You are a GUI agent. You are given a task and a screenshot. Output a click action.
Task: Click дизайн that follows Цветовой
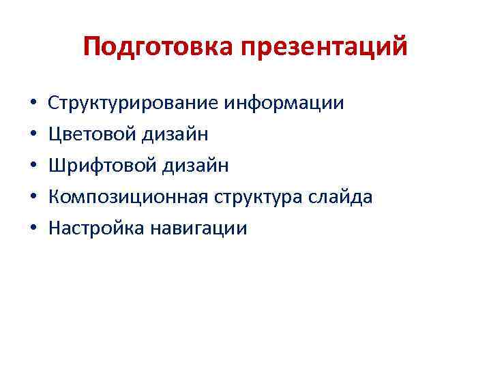tap(175, 134)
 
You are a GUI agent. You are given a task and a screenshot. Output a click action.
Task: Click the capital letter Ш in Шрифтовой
tap(56, 166)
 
